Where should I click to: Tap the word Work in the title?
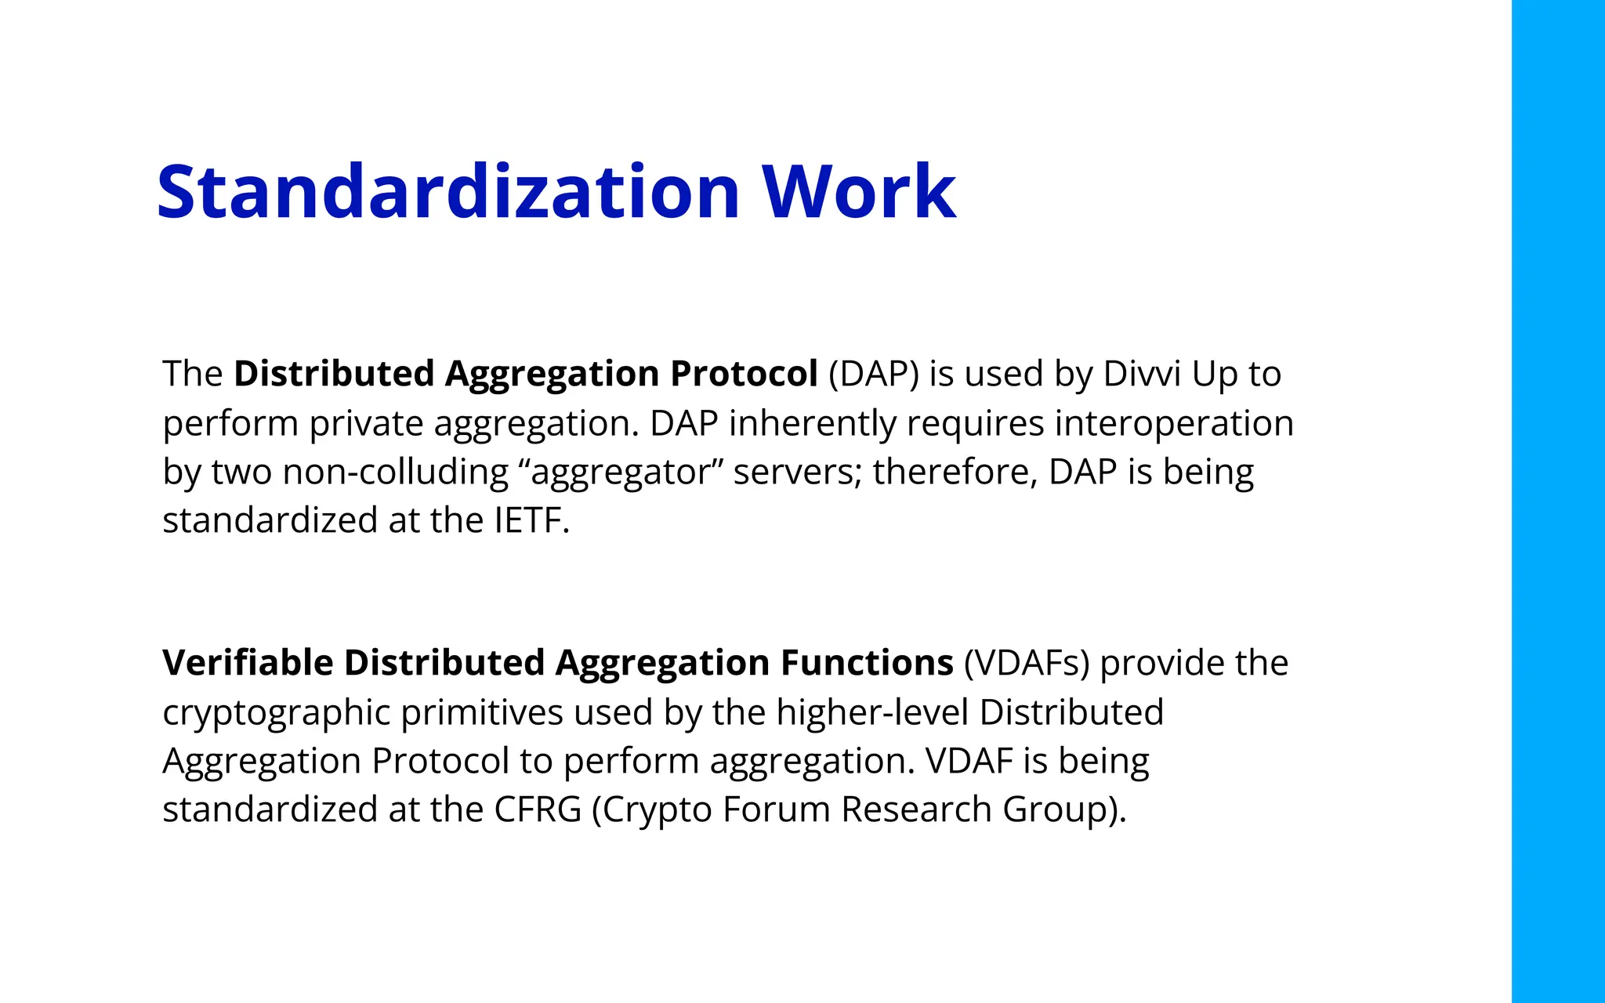(x=859, y=192)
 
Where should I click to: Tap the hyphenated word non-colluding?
(x=396, y=473)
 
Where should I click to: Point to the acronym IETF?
(x=531, y=521)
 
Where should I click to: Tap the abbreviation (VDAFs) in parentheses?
(x=1027, y=663)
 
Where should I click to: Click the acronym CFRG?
(x=538, y=809)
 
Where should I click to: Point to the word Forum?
(x=776, y=809)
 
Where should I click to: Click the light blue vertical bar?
(x=1557, y=501)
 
